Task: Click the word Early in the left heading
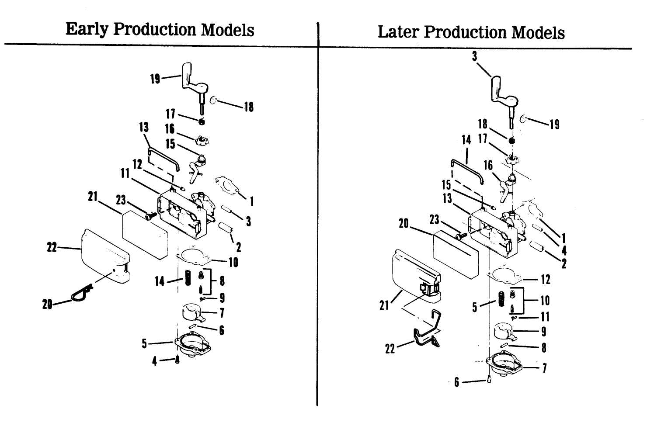click(x=87, y=30)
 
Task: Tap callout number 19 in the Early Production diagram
click(x=155, y=79)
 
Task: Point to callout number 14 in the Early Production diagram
click(x=160, y=281)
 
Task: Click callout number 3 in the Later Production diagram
click(x=474, y=56)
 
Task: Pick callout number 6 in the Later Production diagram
click(x=457, y=382)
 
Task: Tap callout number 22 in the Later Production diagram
click(x=390, y=348)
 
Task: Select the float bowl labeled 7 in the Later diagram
click(x=505, y=365)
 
